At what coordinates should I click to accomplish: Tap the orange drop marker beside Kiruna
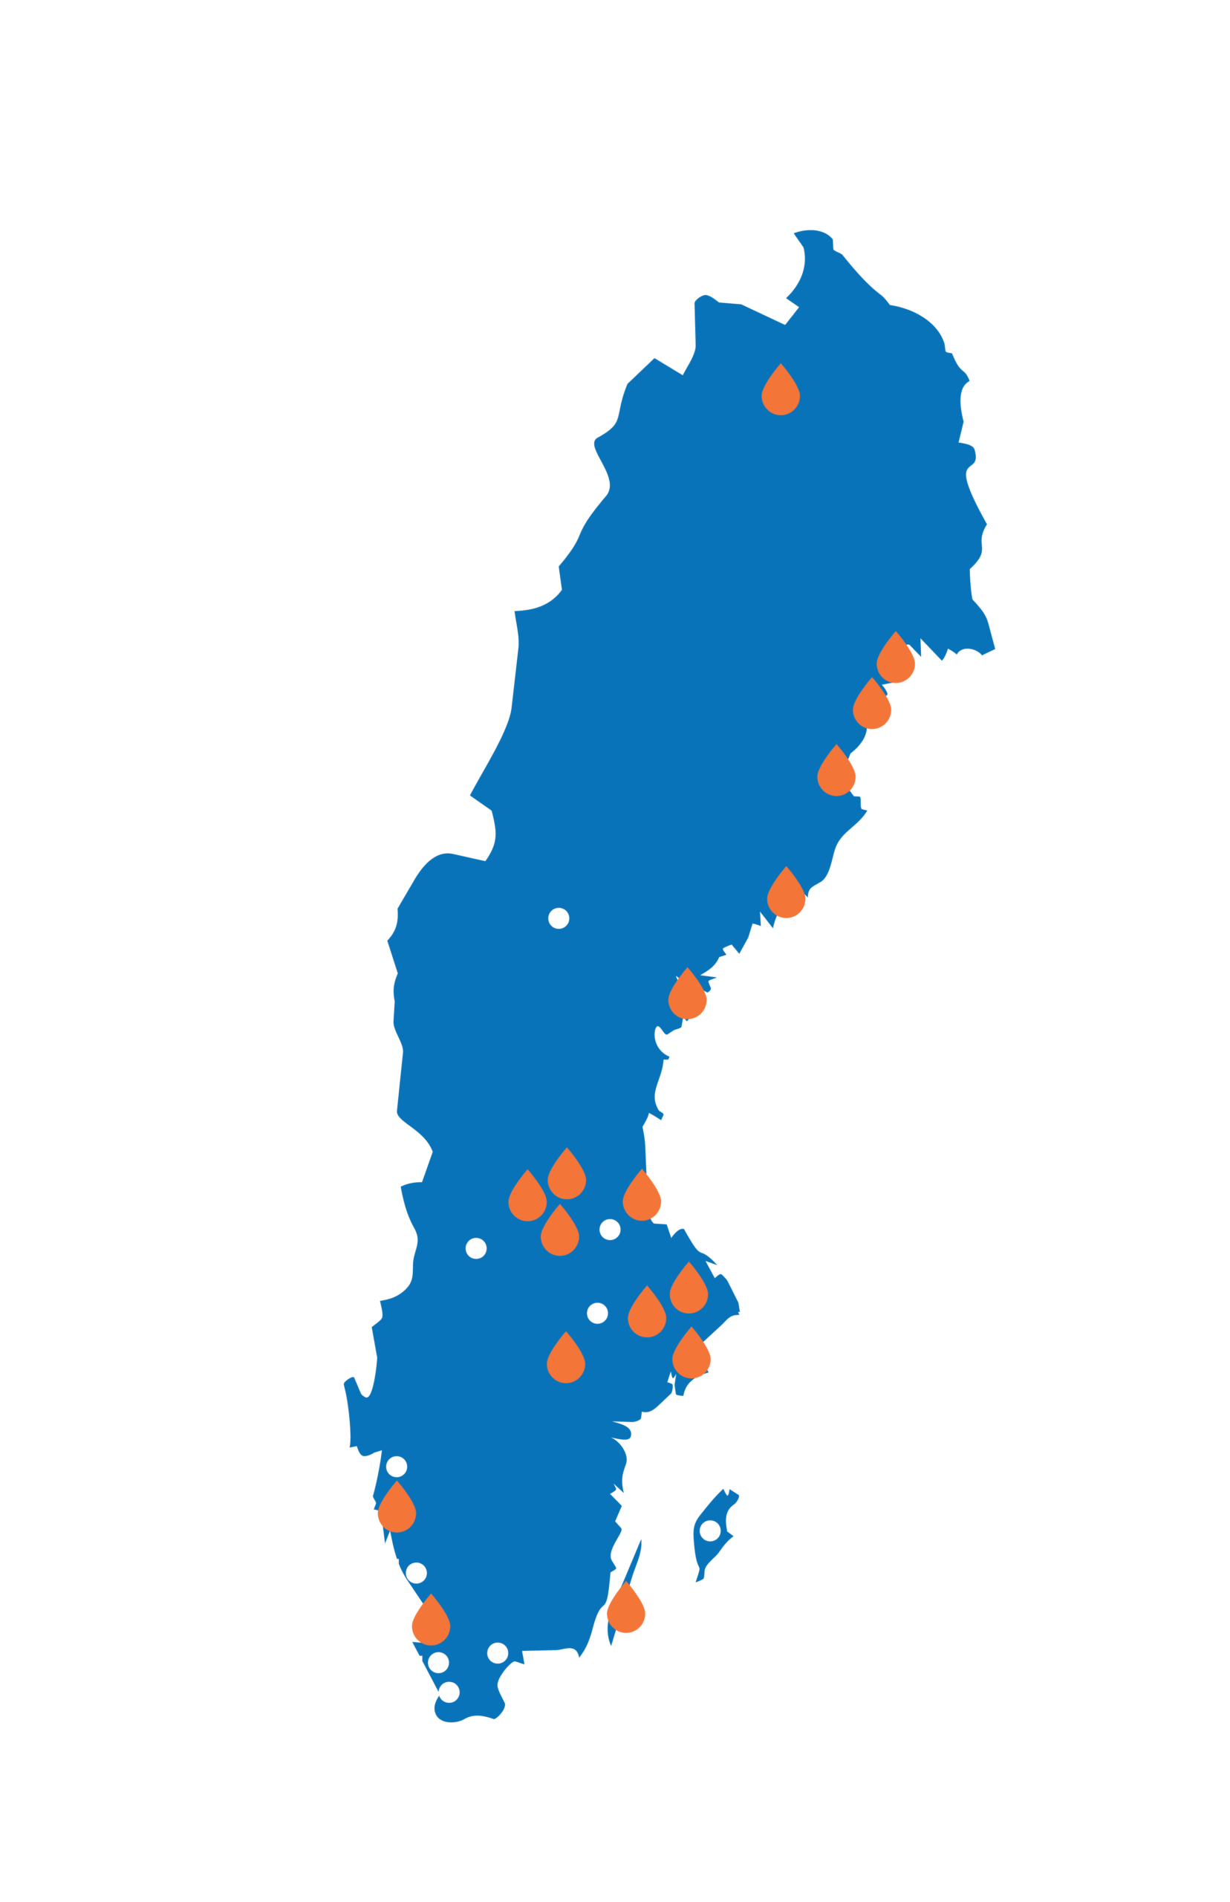(x=781, y=392)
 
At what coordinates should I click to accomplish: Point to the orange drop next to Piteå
(x=871, y=706)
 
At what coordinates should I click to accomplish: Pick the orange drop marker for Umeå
(x=786, y=895)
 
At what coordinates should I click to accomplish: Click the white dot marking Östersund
(x=559, y=918)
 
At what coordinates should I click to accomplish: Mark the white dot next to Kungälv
(x=396, y=1467)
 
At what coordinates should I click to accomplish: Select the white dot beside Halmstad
(x=416, y=1573)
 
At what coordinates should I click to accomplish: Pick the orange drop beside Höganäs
(x=431, y=1621)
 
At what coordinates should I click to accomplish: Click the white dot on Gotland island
(x=709, y=1531)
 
